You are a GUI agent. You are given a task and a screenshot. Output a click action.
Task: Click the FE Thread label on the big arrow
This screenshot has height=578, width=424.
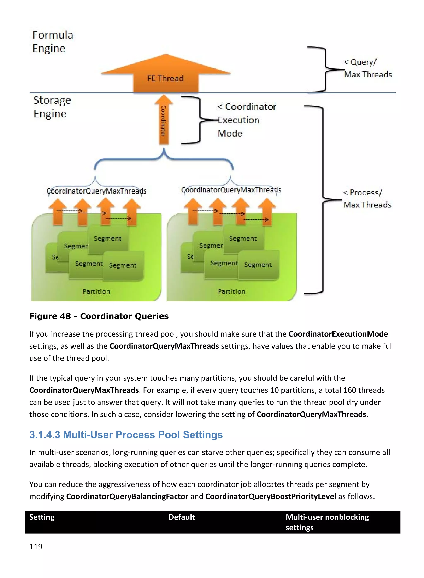(165, 78)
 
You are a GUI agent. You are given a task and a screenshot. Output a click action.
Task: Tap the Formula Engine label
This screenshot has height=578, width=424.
(53, 42)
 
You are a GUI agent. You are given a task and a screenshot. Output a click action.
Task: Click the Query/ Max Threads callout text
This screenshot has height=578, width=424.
(367, 68)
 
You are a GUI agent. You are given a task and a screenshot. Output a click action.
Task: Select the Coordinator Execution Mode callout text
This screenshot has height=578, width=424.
(246, 120)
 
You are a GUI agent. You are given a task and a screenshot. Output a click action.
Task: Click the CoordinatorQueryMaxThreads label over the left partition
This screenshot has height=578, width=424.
(96, 191)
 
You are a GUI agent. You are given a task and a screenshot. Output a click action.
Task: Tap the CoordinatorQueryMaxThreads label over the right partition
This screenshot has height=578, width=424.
(231, 190)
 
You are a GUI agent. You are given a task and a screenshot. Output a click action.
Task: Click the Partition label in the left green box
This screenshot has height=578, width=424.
(96, 291)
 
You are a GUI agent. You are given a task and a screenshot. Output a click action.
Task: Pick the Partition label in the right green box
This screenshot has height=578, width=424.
(231, 291)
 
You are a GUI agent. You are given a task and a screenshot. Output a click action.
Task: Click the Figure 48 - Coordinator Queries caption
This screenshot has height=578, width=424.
(99, 316)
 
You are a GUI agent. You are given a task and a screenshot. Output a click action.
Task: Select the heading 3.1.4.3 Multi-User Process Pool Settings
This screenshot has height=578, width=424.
(126, 435)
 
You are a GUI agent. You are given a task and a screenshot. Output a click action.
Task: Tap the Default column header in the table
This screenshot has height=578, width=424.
(182, 517)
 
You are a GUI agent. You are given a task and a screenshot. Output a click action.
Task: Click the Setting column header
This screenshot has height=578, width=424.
(42, 517)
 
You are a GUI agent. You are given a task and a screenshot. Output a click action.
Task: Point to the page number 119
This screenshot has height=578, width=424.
(36, 547)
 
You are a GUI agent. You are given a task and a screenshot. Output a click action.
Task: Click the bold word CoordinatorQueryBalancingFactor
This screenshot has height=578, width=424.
(127, 496)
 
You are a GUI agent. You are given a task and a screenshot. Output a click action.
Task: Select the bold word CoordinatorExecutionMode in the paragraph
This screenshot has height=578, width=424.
(338, 334)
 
